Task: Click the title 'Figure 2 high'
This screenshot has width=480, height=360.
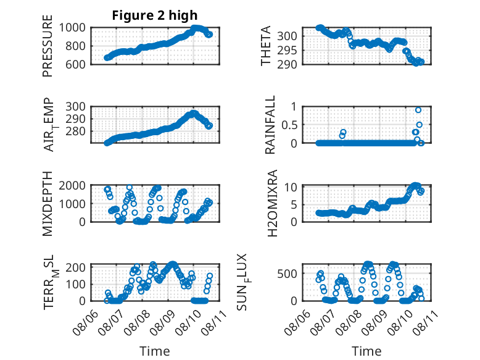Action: [155, 15]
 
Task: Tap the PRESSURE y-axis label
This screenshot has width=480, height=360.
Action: [48, 46]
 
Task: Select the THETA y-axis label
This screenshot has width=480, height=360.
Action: [266, 46]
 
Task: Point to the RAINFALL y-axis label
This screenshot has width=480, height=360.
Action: [270, 125]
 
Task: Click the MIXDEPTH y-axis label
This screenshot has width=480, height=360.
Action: [48, 204]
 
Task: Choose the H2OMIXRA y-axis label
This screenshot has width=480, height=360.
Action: [272, 203]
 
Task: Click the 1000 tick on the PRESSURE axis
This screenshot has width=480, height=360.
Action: [72, 28]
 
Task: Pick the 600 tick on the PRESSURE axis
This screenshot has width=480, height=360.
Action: [75, 64]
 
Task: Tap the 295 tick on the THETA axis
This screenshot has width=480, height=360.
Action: [287, 51]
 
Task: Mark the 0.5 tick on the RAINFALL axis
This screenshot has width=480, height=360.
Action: [289, 125]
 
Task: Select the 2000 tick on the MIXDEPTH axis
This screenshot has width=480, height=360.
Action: [72, 185]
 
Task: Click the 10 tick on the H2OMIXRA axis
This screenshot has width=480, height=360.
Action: [291, 187]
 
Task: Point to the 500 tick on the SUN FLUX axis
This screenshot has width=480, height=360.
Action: [287, 274]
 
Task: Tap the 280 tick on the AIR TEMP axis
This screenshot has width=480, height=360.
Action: [75, 131]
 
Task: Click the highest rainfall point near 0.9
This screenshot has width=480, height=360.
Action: [418, 110]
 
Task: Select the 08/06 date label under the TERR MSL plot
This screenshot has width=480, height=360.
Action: [86, 322]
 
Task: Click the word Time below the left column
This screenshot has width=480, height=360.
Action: [155, 351]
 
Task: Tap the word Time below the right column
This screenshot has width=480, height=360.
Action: [366, 351]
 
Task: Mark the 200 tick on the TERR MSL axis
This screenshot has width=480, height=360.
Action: [75, 267]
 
